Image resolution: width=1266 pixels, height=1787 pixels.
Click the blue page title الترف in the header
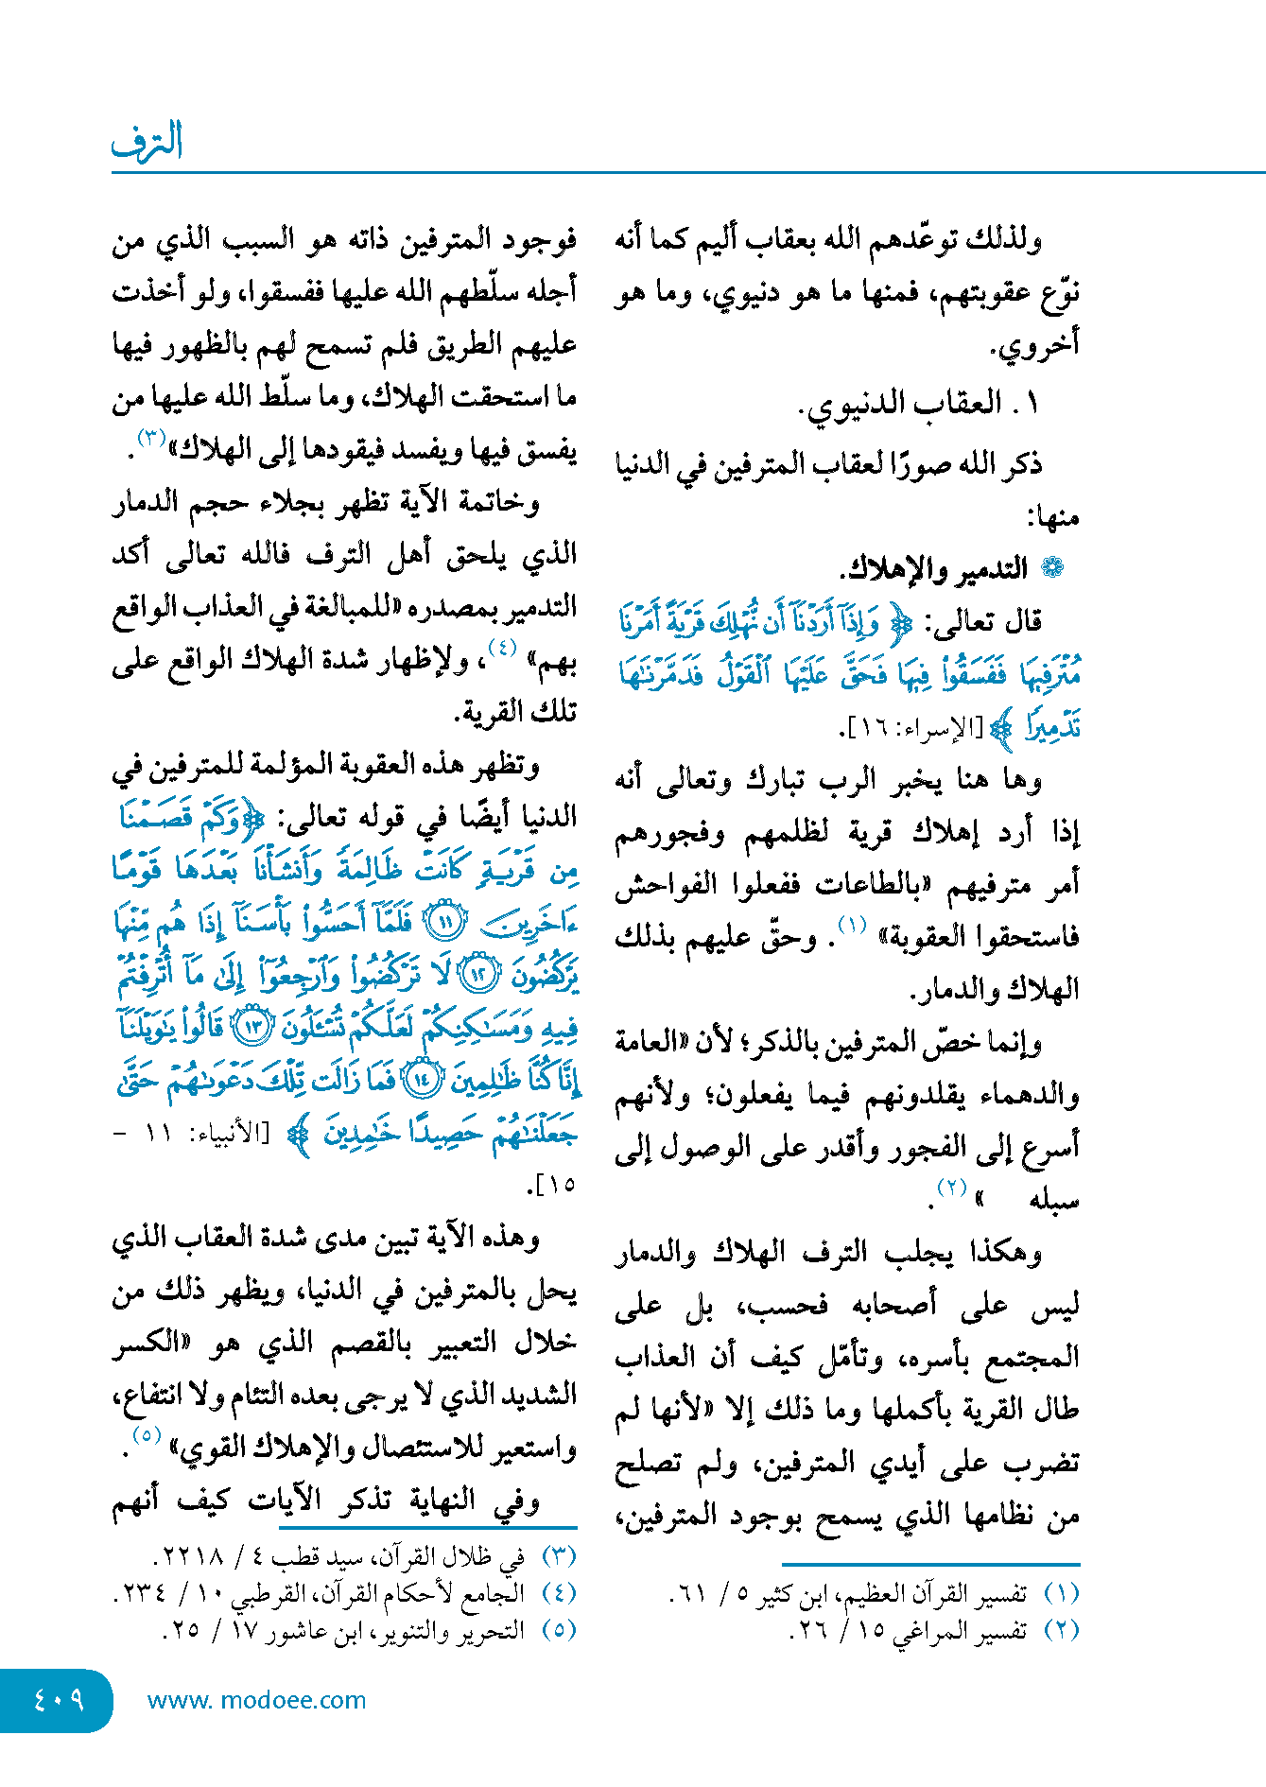pyautogui.click(x=147, y=142)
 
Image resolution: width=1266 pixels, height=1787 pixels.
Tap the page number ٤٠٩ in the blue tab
pyautogui.click(x=59, y=1700)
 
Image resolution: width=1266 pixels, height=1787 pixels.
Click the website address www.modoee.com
pyautogui.click(x=256, y=1700)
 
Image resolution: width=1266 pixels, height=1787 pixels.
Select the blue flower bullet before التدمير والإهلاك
pyautogui.click(x=1051, y=568)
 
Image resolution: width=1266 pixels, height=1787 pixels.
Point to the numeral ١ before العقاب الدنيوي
pyautogui.click(x=1032, y=404)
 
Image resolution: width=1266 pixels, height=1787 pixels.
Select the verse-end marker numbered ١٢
pyautogui.click(x=478, y=974)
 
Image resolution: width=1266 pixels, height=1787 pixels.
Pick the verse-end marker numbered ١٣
pyautogui.click(x=253, y=1027)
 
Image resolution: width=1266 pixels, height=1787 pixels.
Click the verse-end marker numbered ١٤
pyautogui.click(x=422, y=1079)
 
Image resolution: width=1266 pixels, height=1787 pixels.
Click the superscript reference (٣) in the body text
pyautogui.click(x=151, y=438)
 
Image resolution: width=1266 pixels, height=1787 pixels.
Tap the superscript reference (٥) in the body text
pyautogui.click(x=147, y=1434)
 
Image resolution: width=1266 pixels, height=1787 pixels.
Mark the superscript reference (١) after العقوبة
pyautogui.click(x=853, y=924)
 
